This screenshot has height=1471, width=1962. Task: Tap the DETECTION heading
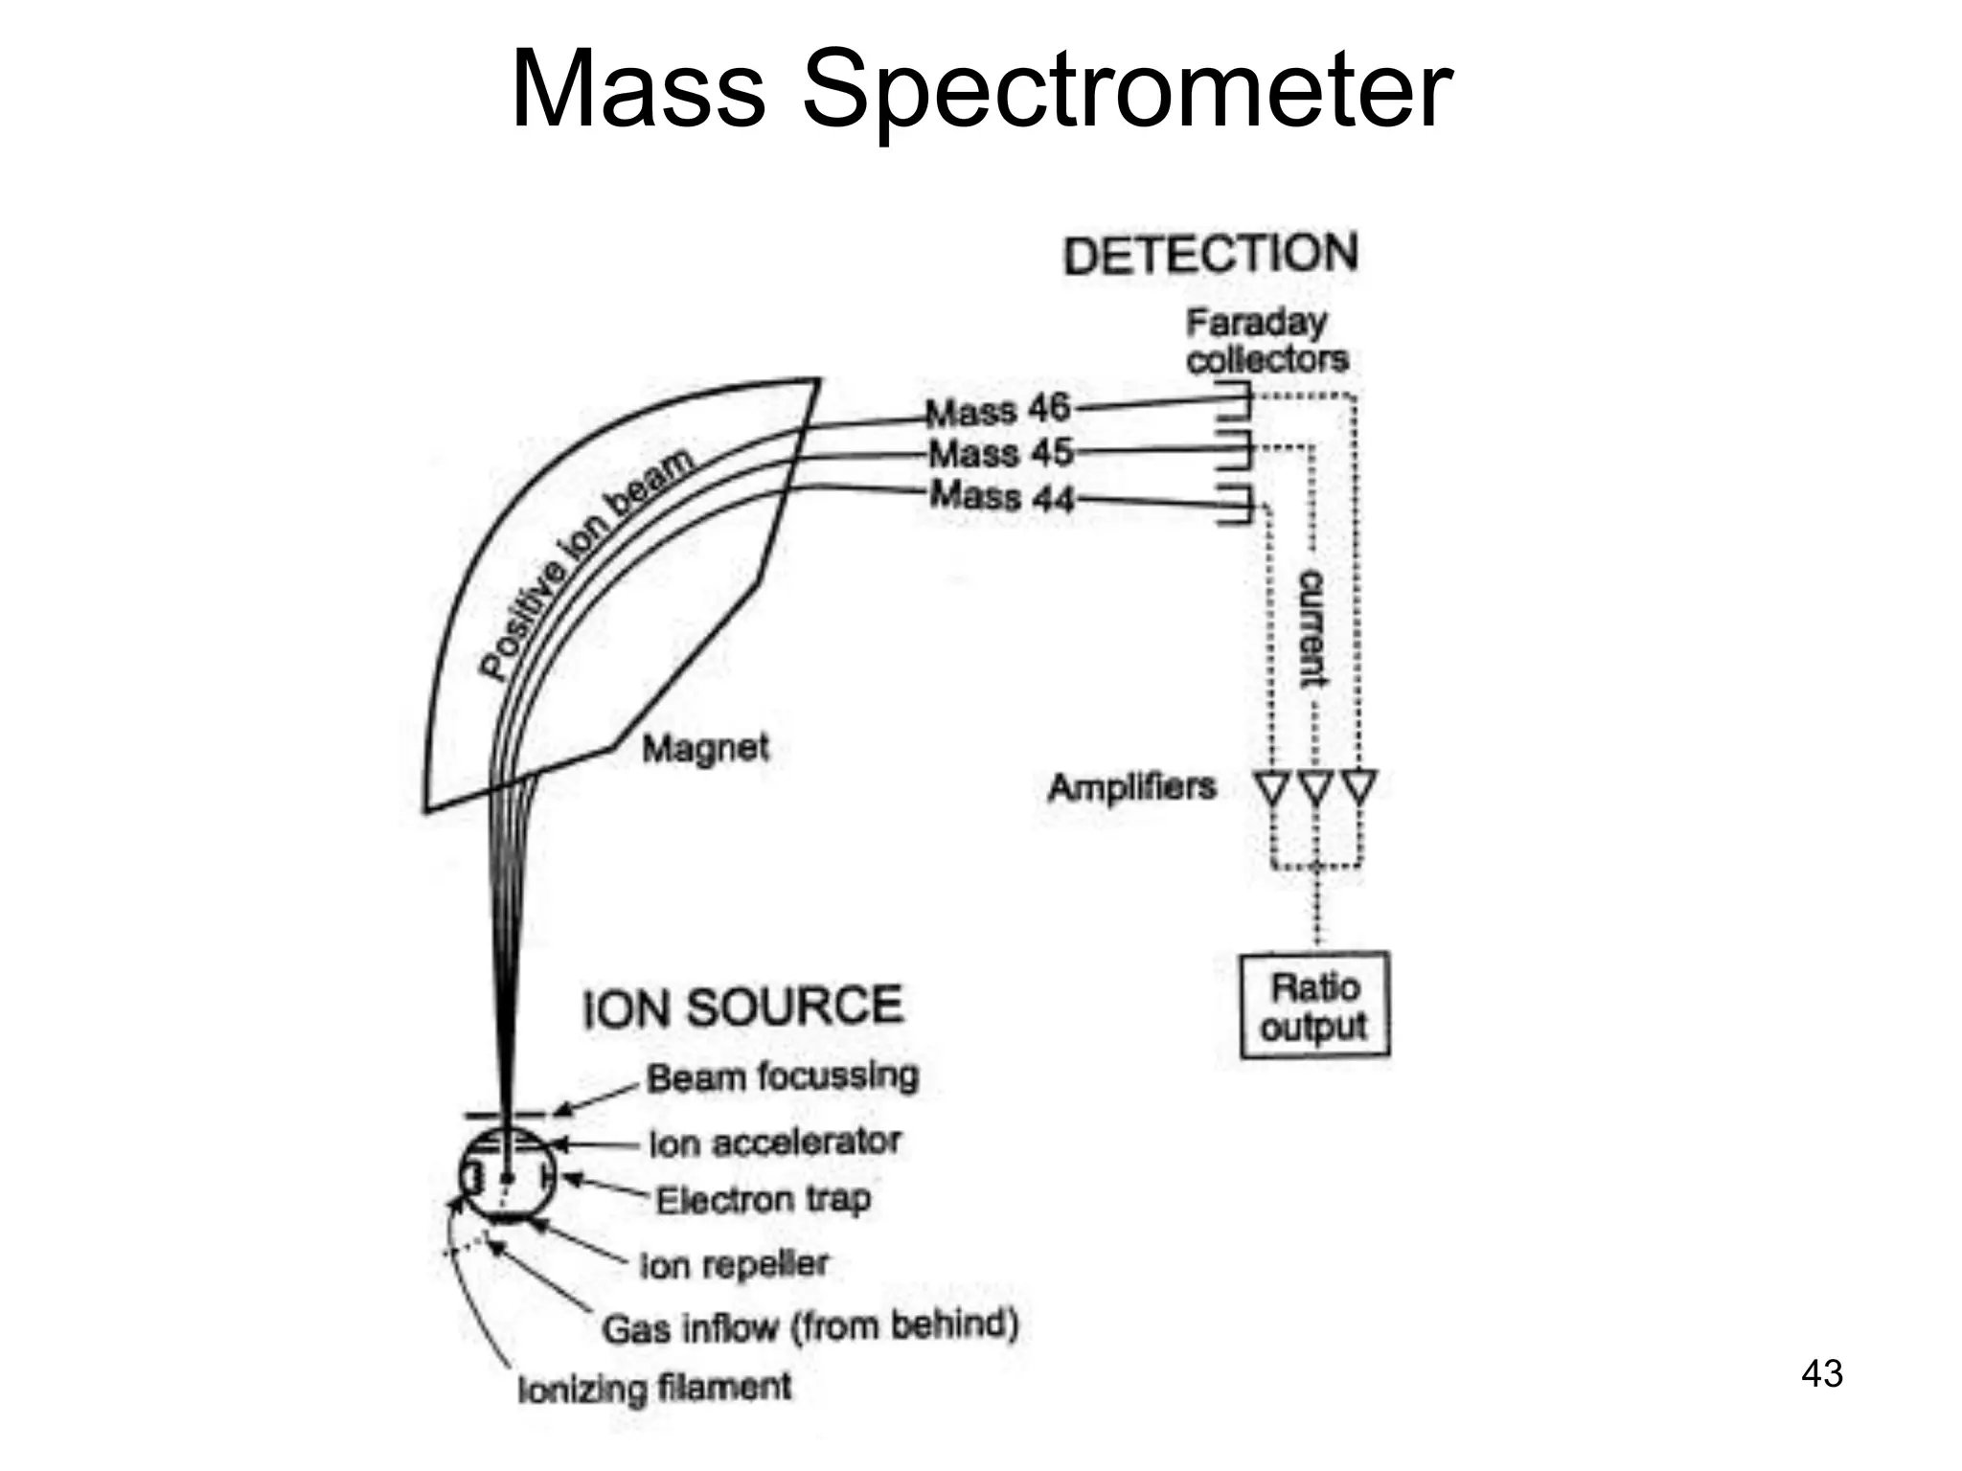coord(1210,255)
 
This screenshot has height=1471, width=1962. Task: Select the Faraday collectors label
coord(1266,341)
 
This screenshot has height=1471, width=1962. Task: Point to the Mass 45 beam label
coord(1000,452)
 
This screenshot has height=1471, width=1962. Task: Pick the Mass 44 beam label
coord(1002,496)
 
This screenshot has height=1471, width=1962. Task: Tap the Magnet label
coord(705,748)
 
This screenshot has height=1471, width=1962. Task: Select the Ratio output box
coord(1313,1006)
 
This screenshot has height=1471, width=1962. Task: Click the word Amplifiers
coord(1131,787)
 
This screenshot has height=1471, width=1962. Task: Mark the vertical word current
coord(1312,628)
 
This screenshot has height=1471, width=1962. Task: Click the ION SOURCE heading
coord(742,1007)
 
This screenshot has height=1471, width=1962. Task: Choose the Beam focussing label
coord(783,1077)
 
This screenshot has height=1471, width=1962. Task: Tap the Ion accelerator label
coord(775,1143)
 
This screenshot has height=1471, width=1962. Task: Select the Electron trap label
coord(764,1199)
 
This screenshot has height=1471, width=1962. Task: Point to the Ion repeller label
coord(734,1265)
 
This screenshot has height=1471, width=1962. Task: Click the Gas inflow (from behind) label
coord(810,1327)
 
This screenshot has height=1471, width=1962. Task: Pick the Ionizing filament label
coord(654,1388)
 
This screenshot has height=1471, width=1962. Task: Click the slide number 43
coord(1821,1373)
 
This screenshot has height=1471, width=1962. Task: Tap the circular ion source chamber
coord(506,1177)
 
